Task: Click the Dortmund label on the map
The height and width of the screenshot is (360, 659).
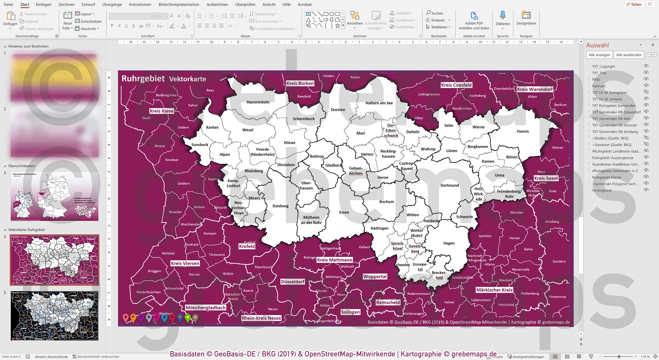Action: (x=449, y=185)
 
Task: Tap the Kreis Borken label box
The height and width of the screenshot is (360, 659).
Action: (x=300, y=83)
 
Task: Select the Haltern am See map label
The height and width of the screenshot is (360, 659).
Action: (x=379, y=103)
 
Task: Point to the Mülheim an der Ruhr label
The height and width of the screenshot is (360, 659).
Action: (x=311, y=220)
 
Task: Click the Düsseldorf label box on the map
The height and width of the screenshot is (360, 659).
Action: (x=292, y=282)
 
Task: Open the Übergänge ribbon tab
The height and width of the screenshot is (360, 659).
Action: (x=112, y=4)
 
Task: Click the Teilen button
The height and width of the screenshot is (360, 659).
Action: (x=634, y=4)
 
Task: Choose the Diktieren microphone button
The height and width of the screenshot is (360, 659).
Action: (x=503, y=19)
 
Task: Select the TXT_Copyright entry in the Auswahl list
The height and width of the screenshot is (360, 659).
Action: (x=603, y=66)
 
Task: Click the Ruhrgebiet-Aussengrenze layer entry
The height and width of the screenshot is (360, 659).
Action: (x=613, y=158)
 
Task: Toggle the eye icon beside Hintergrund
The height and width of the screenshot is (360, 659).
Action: (x=646, y=190)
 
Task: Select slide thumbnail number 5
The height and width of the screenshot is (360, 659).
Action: (x=55, y=316)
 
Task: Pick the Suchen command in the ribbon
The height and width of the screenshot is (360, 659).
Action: (x=435, y=13)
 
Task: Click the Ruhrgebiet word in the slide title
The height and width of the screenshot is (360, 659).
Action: (x=143, y=79)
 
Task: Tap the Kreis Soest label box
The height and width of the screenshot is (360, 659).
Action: (x=546, y=178)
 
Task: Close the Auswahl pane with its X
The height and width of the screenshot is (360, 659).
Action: (x=653, y=45)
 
